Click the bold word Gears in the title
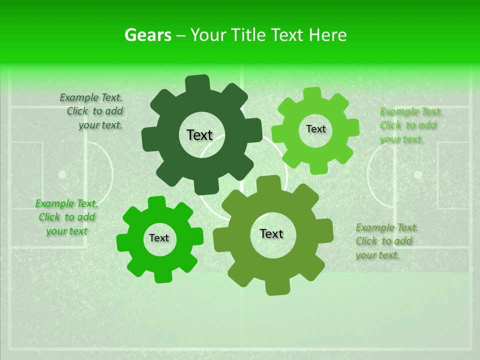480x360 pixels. (x=147, y=35)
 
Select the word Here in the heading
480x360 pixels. (x=327, y=35)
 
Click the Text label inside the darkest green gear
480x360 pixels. (x=199, y=135)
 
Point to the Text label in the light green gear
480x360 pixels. (x=315, y=129)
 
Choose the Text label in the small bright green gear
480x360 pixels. (x=159, y=238)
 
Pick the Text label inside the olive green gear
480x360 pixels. (x=271, y=233)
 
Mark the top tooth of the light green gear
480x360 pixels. (x=312, y=94)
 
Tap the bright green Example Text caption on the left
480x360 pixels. (x=66, y=217)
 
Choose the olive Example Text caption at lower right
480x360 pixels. (x=386, y=241)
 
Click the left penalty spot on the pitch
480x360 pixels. (x=62, y=174)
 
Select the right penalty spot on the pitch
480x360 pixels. (x=417, y=174)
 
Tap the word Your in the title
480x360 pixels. (x=209, y=35)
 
